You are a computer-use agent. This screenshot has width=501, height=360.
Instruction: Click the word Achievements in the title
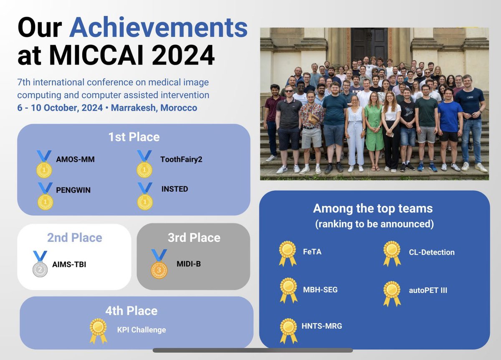[x=158, y=28]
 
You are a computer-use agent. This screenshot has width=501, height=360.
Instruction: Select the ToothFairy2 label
[x=181, y=159]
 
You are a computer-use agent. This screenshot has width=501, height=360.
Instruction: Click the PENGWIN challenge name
[x=73, y=190]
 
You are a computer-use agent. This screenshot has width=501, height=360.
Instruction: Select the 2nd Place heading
[x=74, y=238]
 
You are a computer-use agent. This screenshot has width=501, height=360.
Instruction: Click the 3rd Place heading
[x=194, y=238]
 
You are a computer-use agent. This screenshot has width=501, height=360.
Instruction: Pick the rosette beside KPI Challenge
[x=99, y=330]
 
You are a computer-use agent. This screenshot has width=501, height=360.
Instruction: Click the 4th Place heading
[x=131, y=311]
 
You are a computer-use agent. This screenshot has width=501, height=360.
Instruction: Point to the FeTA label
[x=312, y=252]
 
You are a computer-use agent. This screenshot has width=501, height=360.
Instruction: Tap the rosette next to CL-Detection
[x=392, y=252]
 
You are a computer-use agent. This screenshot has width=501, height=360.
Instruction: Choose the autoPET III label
[x=428, y=290]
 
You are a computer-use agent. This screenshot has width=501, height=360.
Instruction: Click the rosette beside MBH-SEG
[x=288, y=289]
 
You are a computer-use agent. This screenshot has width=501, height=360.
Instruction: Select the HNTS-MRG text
[x=322, y=326]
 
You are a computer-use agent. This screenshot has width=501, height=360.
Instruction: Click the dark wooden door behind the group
[x=370, y=44]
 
